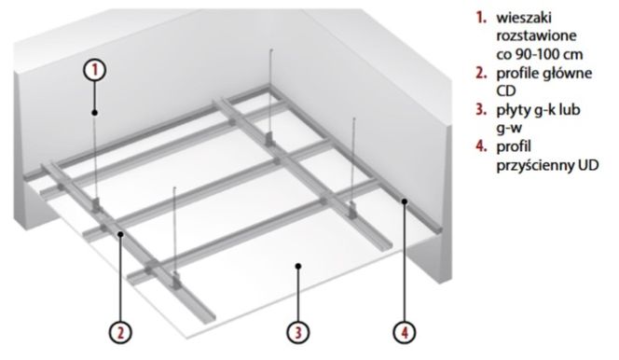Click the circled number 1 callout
coord(94,70)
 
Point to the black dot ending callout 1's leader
coord(95,113)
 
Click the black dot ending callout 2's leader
coord(121,234)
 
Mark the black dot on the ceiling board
coord(298,267)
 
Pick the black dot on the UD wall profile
coord(405,201)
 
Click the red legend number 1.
coord(481,18)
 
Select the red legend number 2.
coord(481,73)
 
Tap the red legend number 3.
coord(481,109)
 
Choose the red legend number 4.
coord(481,146)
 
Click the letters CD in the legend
coord(505,90)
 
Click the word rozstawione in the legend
coord(536,36)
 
